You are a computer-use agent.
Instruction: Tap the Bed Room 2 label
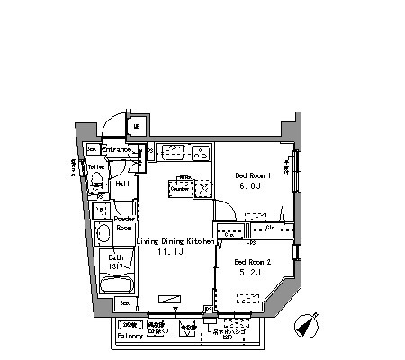pyautogui.click(x=252, y=262)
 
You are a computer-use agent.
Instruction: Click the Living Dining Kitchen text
pyautogui.click(x=175, y=241)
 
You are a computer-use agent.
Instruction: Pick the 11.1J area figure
pyautogui.click(x=174, y=255)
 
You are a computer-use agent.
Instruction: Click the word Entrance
pyautogui.click(x=117, y=149)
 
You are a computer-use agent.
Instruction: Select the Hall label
pyautogui.click(x=121, y=184)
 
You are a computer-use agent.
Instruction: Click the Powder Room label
pyautogui.click(x=123, y=223)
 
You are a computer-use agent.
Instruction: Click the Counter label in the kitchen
pyautogui.click(x=179, y=189)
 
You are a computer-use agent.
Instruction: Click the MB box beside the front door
pyautogui.click(x=137, y=128)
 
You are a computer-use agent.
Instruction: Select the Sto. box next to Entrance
pyautogui.click(x=92, y=149)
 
